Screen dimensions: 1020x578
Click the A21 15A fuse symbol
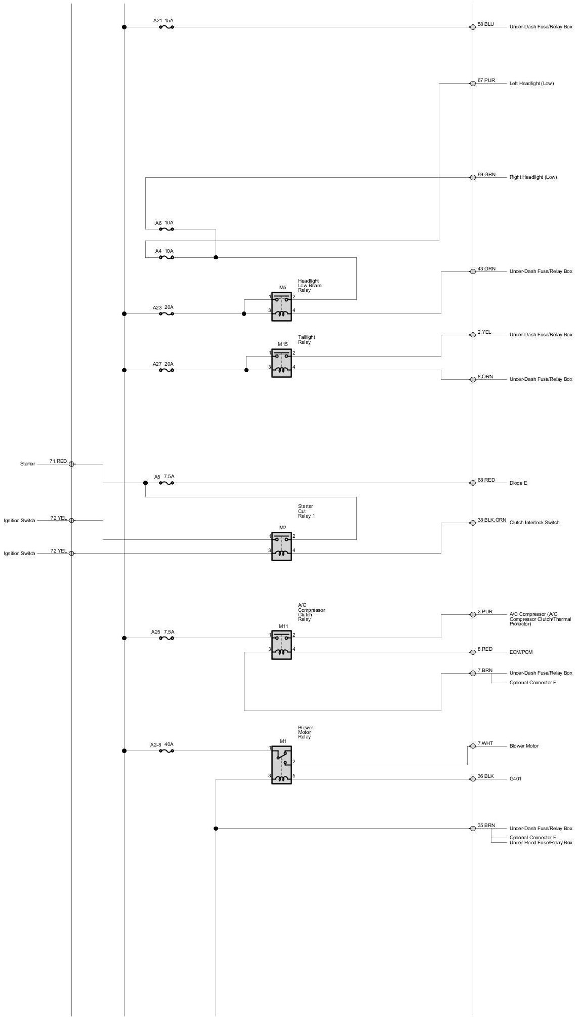(x=167, y=27)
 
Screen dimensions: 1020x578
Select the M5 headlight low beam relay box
(x=281, y=306)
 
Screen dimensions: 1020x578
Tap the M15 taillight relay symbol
(x=281, y=363)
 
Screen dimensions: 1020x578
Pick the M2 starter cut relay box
(x=281, y=546)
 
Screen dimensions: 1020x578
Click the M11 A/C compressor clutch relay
(x=281, y=645)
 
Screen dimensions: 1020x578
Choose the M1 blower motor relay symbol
(x=281, y=765)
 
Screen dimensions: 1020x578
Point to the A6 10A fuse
(x=167, y=229)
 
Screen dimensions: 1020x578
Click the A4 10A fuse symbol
(x=167, y=257)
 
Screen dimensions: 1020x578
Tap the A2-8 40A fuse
(x=167, y=751)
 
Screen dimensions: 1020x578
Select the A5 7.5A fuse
(x=167, y=483)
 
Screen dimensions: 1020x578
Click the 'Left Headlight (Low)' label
(x=531, y=84)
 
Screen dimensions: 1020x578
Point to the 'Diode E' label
(x=518, y=483)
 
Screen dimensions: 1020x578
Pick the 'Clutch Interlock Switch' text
(x=534, y=523)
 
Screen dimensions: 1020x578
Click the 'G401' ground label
(x=515, y=778)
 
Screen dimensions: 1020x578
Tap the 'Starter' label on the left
(x=27, y=464)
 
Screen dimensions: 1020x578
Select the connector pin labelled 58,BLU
(x=473, y=27)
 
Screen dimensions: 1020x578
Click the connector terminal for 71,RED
(x=71, y=464)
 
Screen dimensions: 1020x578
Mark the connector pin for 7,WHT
(x=473, y=746)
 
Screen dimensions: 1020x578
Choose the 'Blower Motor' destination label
(x=524, y=746)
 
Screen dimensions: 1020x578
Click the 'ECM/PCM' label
(x=521, y=652)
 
